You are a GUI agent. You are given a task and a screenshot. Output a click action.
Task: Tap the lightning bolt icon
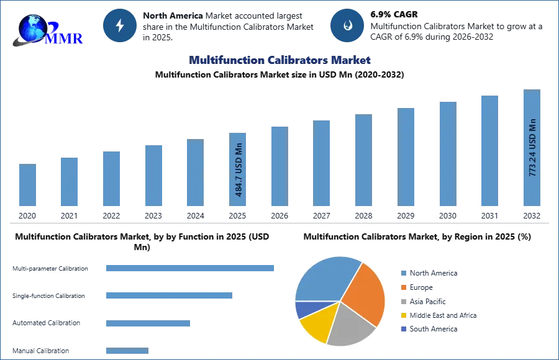[120, 25]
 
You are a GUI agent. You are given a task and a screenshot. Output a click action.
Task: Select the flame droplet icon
[347, 25]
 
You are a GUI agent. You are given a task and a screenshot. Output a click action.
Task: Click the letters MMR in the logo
[65, 38]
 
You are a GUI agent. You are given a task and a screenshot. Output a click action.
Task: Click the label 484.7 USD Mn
[239, 170]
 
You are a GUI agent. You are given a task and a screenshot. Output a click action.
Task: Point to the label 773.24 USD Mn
[532, 147]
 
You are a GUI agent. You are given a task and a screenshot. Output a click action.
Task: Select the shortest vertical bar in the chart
[27, 186]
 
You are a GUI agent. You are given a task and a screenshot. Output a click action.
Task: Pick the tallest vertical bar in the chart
[531, 148]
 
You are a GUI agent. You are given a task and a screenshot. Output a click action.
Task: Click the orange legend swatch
[402, 288]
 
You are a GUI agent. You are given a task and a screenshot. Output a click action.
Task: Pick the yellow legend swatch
[402, 315]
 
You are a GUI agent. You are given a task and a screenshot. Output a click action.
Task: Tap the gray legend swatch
[402, 302]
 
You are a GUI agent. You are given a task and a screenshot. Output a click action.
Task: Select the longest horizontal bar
[191, 268]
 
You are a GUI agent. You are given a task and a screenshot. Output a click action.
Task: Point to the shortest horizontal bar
[127, 352]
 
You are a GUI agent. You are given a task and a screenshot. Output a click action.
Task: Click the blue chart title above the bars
[281, 60]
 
